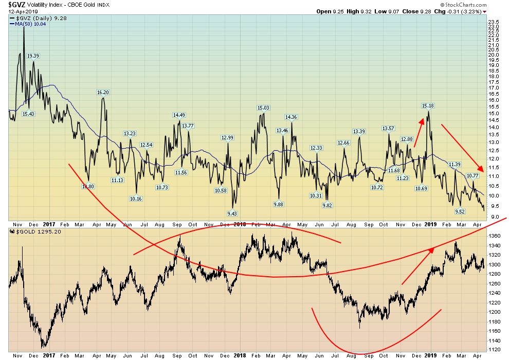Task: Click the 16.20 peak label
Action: [103, 93]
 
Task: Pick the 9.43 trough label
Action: [232, 213]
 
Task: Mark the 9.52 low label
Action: [460, 211]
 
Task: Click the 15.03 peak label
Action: [263, 107]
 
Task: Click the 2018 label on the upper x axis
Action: [239, 224]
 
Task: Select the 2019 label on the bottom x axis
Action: [430, 355]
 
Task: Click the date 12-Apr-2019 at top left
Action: [18, 11]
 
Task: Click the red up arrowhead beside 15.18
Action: [423, 121]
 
